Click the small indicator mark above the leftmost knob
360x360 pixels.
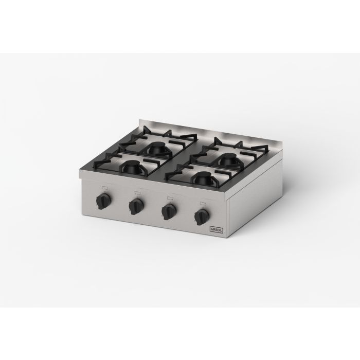point(105,188)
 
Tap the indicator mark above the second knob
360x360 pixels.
point(138,193)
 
